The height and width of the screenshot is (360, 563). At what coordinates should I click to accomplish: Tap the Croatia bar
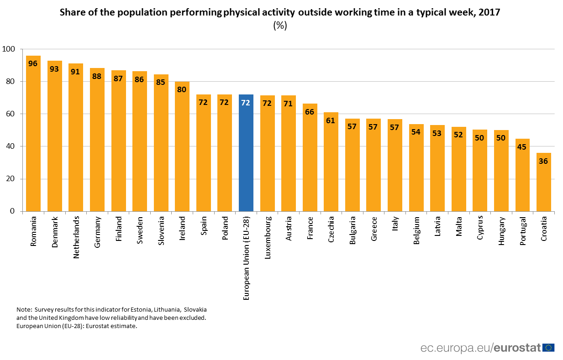click(x=543, y=182)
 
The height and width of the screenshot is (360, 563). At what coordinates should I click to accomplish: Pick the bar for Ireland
click(x=182, y=146)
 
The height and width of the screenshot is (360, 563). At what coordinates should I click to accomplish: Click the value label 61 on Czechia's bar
click(x=331, y=120)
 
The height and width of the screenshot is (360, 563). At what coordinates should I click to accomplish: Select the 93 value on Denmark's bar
click(x=54, y=69)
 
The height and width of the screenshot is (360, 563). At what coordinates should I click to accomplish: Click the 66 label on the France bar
click(x=310, y=111)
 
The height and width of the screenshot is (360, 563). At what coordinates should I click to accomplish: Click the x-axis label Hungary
click(x=501, y=231)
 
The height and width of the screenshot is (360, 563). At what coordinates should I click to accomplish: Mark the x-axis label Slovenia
click(x=161, y=231)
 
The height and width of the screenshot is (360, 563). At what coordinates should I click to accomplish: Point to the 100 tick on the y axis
click(x=9, y=49)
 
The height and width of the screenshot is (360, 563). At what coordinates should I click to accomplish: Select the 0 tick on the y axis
click(x=13, y=211)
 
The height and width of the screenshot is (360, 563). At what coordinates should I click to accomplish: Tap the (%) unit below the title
click(x=280, y=26)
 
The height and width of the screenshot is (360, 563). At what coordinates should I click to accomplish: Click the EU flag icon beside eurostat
click(x=548, y=348)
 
